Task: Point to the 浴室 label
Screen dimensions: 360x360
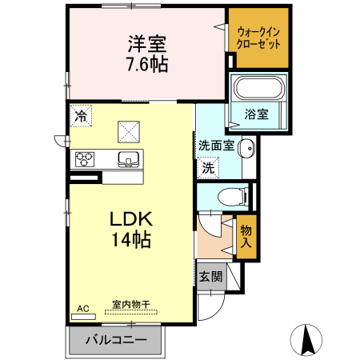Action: [x=256, y=114]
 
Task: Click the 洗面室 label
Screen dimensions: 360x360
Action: [x=216, y=146]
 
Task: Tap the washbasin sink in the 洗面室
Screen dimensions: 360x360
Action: [x=247, y=147]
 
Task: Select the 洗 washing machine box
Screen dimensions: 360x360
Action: [x=208, y=168]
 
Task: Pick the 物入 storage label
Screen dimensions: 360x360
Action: [x=247, y=237]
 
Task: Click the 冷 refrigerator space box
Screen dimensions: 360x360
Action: [x=80, y=116]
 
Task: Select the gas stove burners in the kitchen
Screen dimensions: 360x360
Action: [x=86, y=158]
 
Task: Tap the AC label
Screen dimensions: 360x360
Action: [x=82, y=308]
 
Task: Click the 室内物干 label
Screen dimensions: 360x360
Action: [x=130, y=304]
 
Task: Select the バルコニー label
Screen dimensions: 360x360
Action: [x=115, y=341]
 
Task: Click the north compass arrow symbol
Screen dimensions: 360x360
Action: [x=306, y=341]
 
